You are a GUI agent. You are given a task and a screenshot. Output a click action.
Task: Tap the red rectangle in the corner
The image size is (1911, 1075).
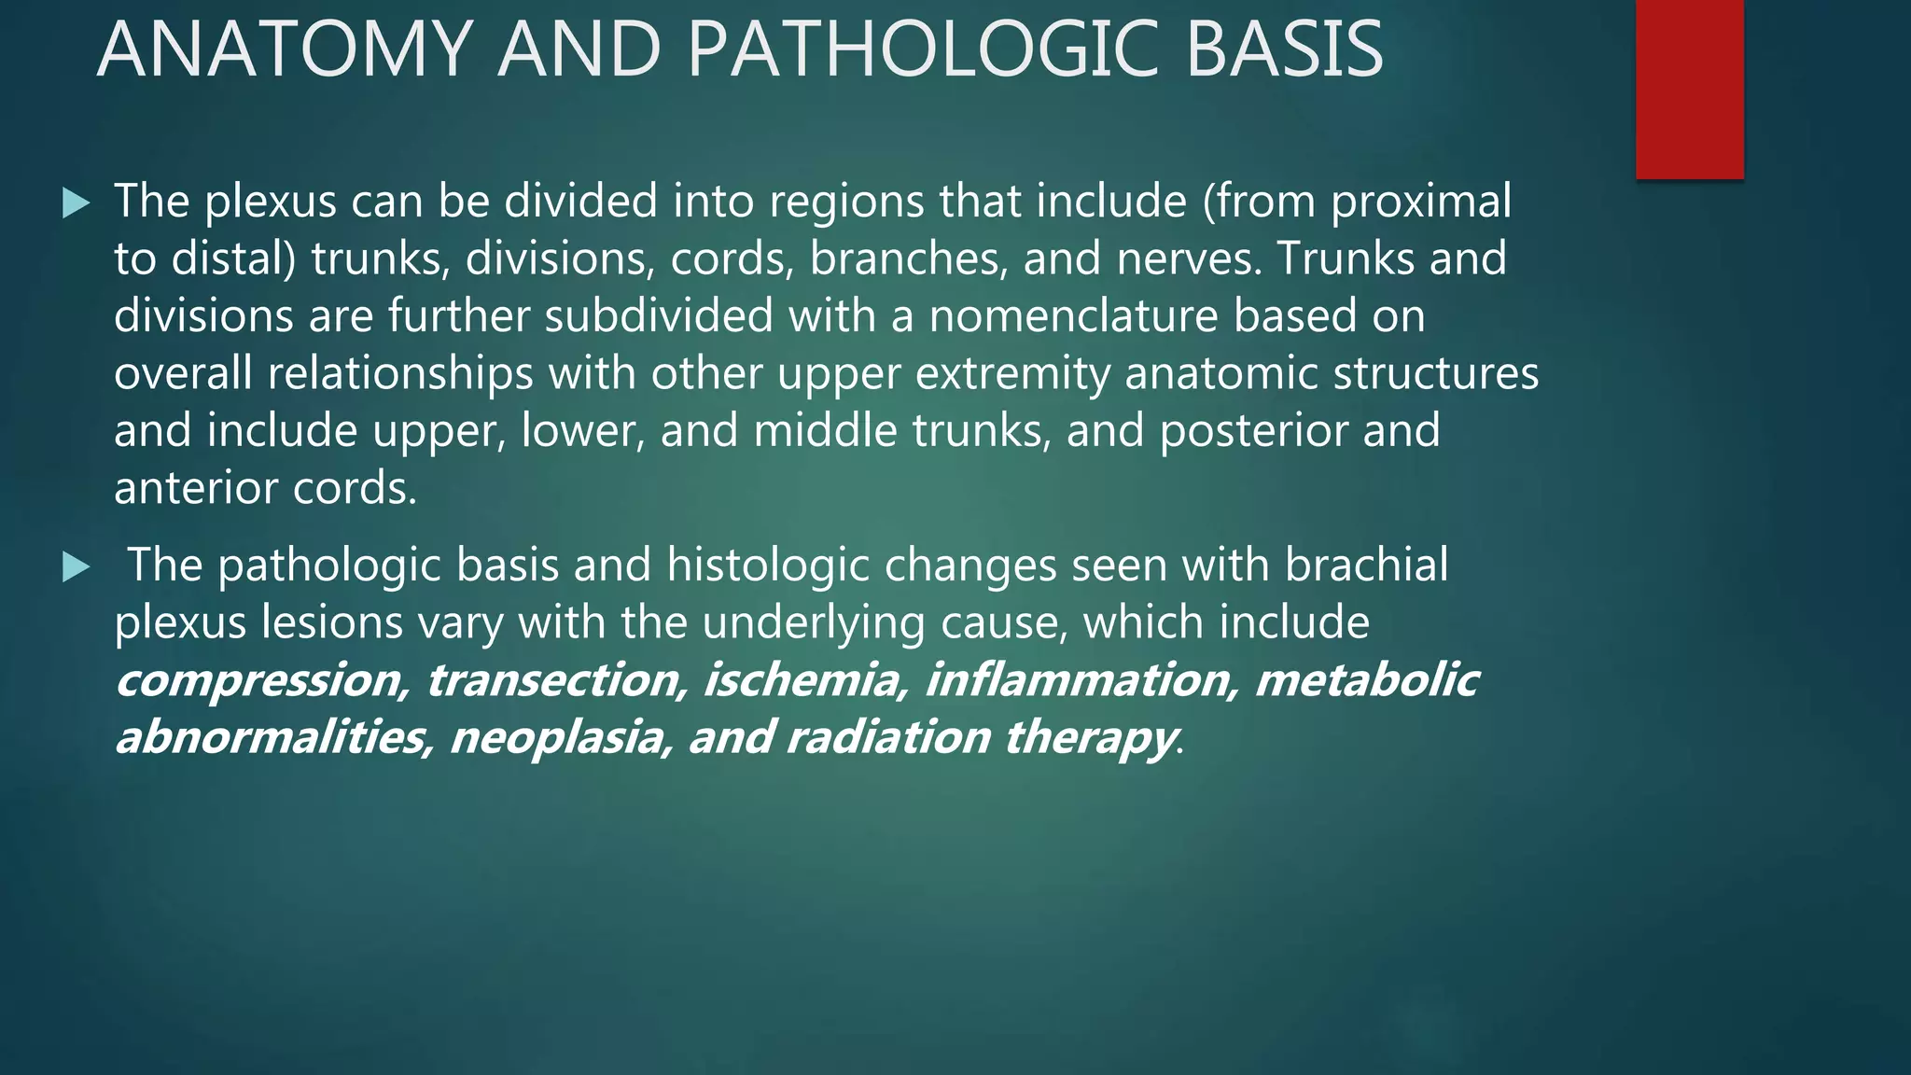tap(1689, 89)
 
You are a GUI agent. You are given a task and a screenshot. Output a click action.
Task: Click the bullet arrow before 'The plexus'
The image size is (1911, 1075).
tap(76, 202)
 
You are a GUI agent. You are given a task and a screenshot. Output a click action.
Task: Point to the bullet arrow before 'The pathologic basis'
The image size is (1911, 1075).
tap(76, 566)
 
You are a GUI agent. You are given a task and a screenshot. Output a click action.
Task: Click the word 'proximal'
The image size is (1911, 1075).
tap(1420, 202)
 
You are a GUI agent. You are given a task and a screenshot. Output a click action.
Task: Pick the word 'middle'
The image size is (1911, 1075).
tap(825, 430)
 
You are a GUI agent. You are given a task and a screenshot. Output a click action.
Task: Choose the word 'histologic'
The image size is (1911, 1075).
tap(767, 565)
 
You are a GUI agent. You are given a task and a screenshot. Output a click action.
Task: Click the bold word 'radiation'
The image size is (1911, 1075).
tap(887, 738)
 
